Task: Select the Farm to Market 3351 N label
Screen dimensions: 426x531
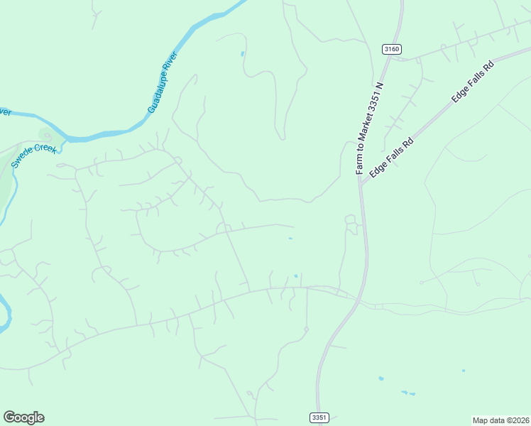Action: [369, 129]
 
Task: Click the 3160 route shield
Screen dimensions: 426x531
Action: [391, 49]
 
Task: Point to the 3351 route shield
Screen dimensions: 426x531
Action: [320, 417]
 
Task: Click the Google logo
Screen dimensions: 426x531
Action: [23, 417]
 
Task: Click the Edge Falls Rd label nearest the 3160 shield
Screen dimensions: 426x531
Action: [472, 83]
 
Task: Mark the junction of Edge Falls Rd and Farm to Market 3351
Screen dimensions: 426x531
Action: [361, 183]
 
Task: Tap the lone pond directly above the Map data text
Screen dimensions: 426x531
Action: [464, 371]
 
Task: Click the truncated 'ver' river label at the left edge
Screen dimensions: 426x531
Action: [5, 112]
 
